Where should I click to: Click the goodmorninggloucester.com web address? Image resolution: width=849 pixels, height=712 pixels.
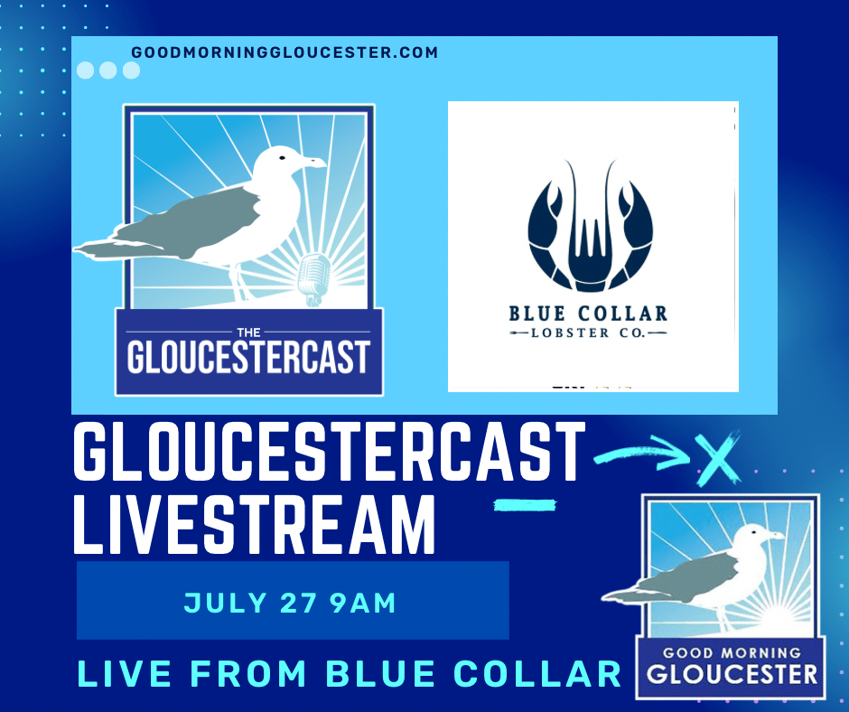point(285,52)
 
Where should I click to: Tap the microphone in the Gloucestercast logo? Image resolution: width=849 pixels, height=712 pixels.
point(315,277)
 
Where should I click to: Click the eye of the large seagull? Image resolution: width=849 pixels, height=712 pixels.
point(282,158)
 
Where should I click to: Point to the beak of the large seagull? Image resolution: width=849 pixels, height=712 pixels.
point(314,162)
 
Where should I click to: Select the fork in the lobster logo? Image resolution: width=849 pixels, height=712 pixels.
point(590,249)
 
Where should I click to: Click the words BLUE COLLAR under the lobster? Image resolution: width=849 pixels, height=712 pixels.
point(588,314)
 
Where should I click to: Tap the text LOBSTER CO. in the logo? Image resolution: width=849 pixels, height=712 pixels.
point(587,333)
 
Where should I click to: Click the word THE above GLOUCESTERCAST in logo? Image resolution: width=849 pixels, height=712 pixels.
point(249,333)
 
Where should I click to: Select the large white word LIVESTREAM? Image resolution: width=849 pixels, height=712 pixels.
point(254,525)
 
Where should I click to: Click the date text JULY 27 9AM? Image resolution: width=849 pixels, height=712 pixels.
point(290,603)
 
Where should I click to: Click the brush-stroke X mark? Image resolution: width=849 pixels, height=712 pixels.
point(717,458)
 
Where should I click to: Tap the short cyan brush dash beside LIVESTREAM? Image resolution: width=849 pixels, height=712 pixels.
point(525,506)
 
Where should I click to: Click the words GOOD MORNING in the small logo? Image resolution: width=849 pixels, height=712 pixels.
point(732,653)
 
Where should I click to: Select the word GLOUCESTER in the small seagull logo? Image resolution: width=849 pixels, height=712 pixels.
point(732,674)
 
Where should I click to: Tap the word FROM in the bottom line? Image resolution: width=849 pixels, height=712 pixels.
point(249,673)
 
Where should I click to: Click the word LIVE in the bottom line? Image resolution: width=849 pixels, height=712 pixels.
point(125,673)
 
